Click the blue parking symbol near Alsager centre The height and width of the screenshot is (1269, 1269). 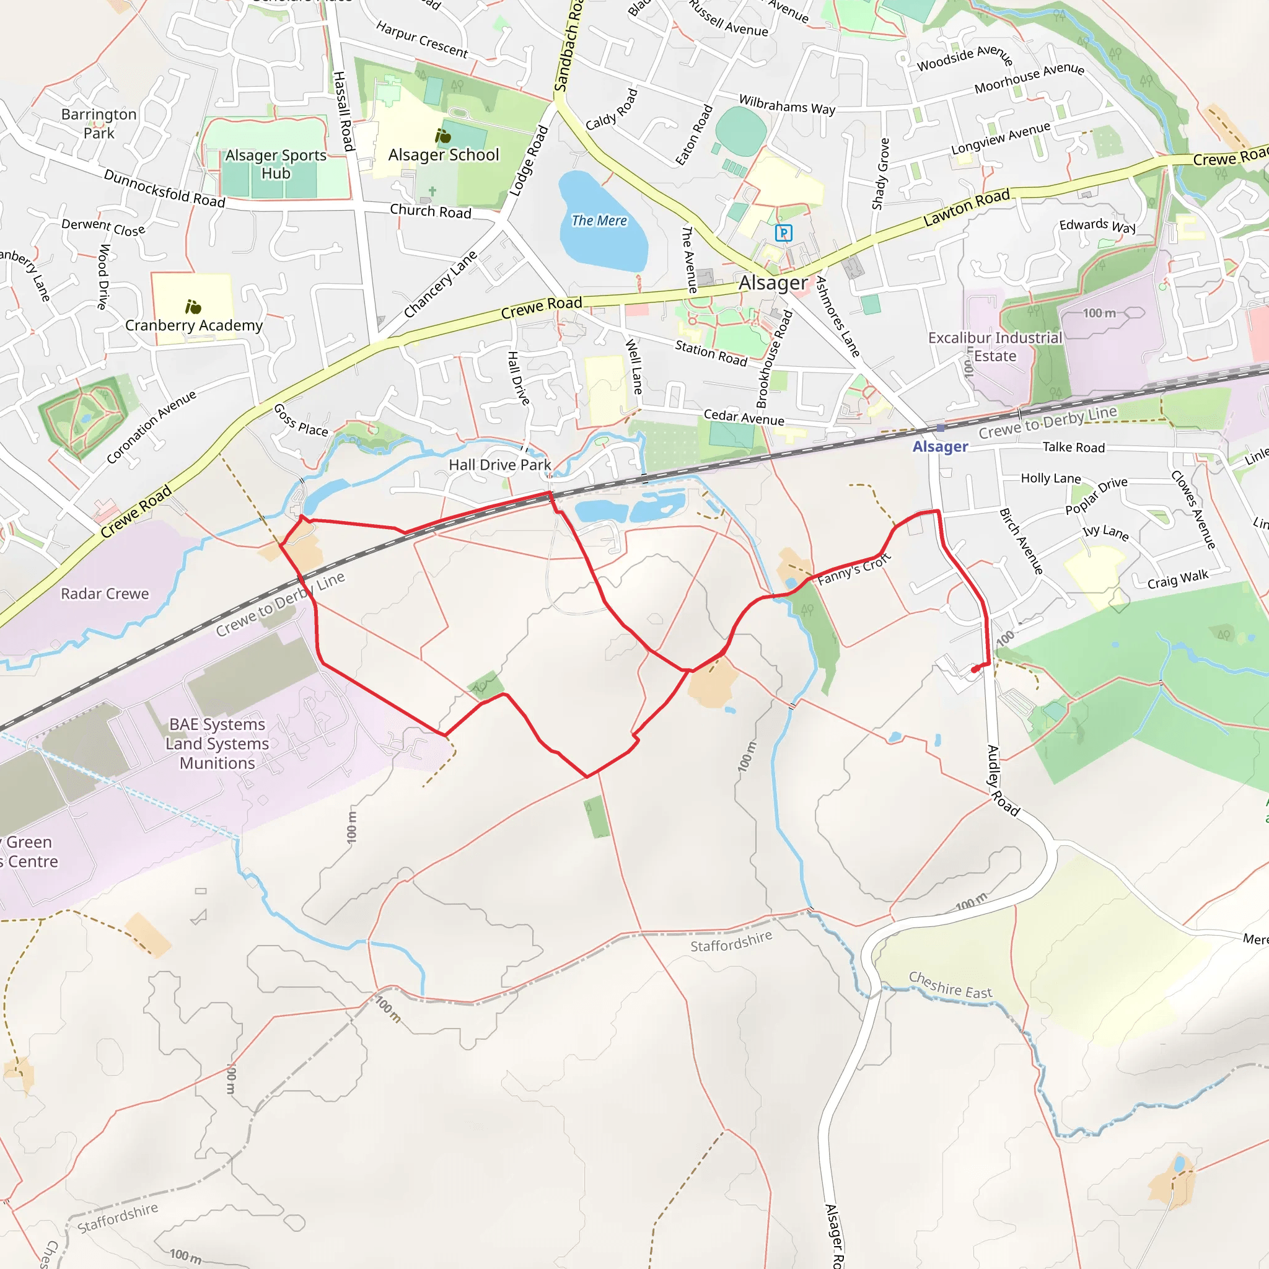(783, 232)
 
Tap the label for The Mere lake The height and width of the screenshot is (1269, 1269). (599, 221)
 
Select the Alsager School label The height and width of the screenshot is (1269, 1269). (444, 155)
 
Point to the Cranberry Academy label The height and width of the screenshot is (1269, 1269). (194, 325)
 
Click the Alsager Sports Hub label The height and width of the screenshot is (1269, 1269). (276, 164)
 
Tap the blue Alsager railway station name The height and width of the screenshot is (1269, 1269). (940, 447)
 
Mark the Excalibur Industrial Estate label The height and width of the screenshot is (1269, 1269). (995, 347)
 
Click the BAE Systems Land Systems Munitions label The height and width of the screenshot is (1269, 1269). (217, 744)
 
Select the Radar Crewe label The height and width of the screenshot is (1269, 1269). (105, 594)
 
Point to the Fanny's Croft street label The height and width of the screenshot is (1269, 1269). (854, 569)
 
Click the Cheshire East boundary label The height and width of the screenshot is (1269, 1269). (950, 985)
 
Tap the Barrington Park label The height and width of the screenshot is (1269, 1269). (99, 123)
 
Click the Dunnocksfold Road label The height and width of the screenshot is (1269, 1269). (164, 188)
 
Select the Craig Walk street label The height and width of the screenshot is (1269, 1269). (1178, 579)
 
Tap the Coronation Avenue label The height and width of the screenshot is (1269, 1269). (151, 427)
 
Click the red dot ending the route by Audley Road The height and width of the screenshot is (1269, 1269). (975, 669)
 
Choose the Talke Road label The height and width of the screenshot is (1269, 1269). (1073, 447)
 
